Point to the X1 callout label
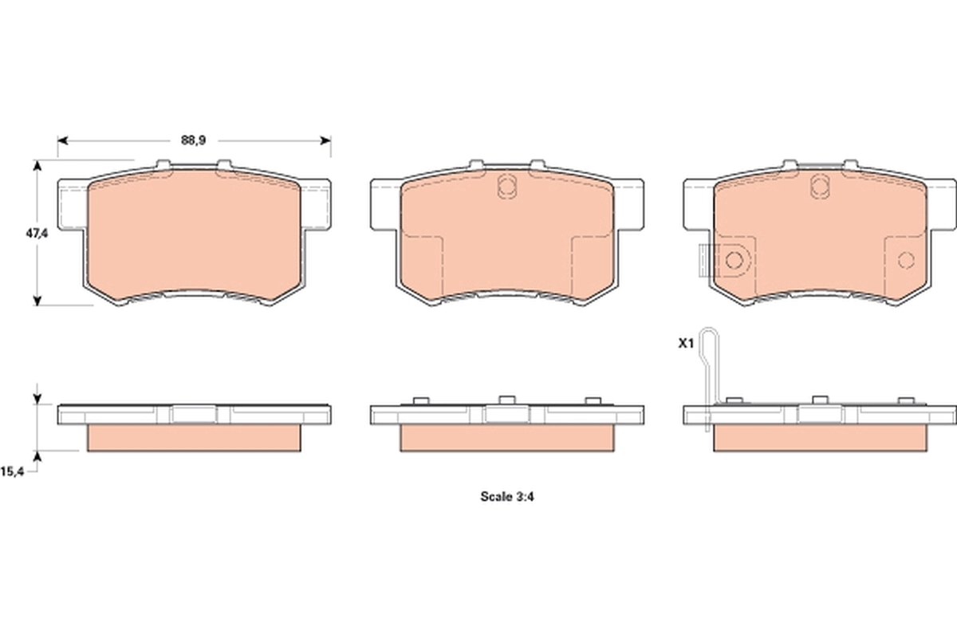click(685, 344)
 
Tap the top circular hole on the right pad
click(817, 187)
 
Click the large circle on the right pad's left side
click(734, 259)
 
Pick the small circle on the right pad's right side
click(905, 259)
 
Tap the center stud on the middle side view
click(506, 400)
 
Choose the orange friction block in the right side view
click(819, 438)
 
